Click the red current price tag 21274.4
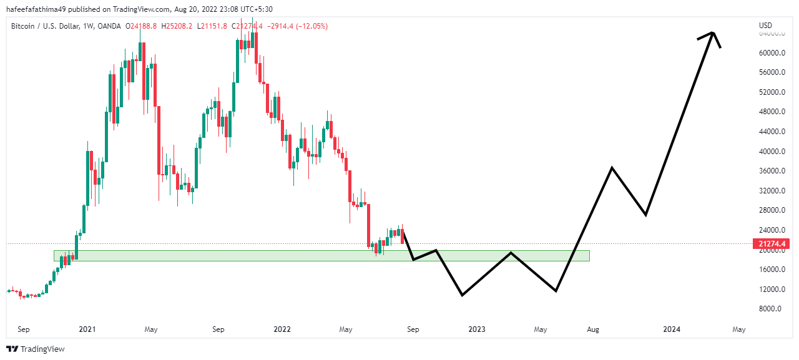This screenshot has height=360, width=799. click(772, 243)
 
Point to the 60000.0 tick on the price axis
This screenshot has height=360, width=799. click(772, 53)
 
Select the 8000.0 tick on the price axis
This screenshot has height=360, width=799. click(772, 309)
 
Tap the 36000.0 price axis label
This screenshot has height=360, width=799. click(772, 171)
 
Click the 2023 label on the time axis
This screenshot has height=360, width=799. click(476, 329)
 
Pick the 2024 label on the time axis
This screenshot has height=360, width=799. click(672, 329)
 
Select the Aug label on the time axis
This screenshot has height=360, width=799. click(593, 329)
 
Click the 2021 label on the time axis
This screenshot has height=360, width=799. click(87, 329)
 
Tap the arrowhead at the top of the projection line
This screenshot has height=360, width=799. click(713, 33)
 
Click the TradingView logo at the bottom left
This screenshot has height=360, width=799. click(36, 349)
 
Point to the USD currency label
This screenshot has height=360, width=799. click(765, 26)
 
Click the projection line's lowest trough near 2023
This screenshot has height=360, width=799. click(462, 295)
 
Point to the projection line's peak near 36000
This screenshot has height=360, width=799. click(612, 167)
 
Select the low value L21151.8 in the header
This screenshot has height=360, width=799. click(213, 26)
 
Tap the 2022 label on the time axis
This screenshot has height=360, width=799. click(282, 329)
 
